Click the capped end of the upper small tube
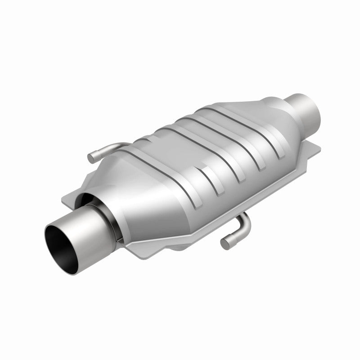pos(92,158)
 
